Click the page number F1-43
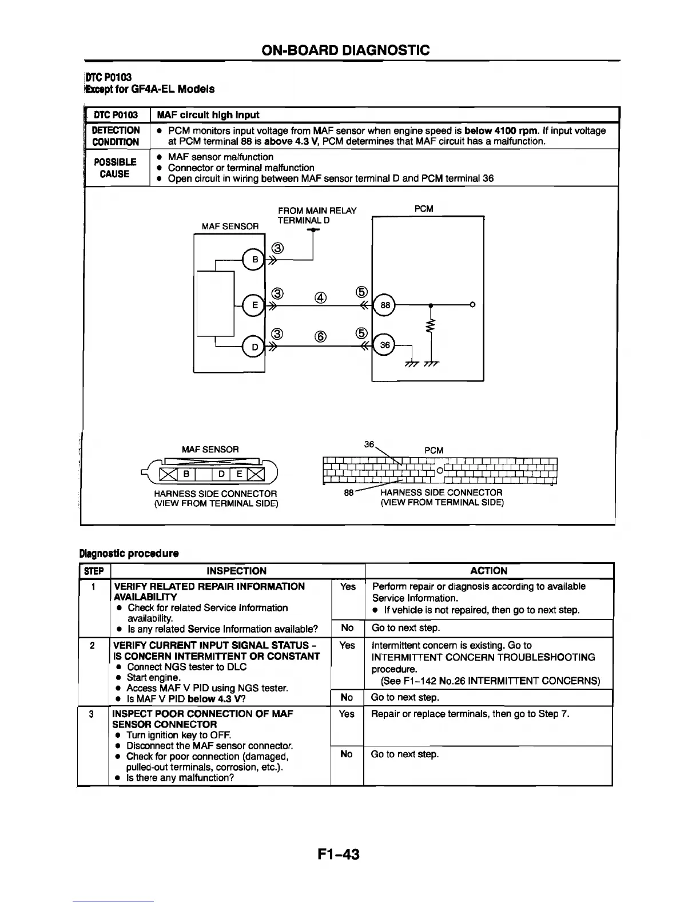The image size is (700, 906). click(x=339, y=855)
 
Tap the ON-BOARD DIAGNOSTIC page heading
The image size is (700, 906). click(x=345, y=50)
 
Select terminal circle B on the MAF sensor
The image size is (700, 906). click(x=253, y=260)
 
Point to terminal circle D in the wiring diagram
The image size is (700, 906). click(x=253, y=346)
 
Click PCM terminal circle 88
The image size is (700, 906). click(x=385, y=305)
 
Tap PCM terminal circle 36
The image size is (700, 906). click(x=385, y=345)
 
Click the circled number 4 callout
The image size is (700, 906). click(x=320, y=297)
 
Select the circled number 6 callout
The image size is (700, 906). click(x=320, y=337)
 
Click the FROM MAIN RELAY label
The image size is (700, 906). click(x=317, y=210)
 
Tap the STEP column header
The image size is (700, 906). click(x=94, y=571)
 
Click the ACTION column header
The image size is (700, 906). click(x=488, y=571)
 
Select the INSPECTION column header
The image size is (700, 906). click(x=236, y=571)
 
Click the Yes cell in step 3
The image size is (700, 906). click(x=347, y=714)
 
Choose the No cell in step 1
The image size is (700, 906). click(x=347, y=627)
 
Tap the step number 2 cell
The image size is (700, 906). click(x=93, y=645)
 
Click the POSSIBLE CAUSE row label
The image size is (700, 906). click(x=116, y=168)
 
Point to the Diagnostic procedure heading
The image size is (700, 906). click(x=129, y=553)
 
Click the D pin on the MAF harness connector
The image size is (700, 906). click(x=222, y=474)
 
